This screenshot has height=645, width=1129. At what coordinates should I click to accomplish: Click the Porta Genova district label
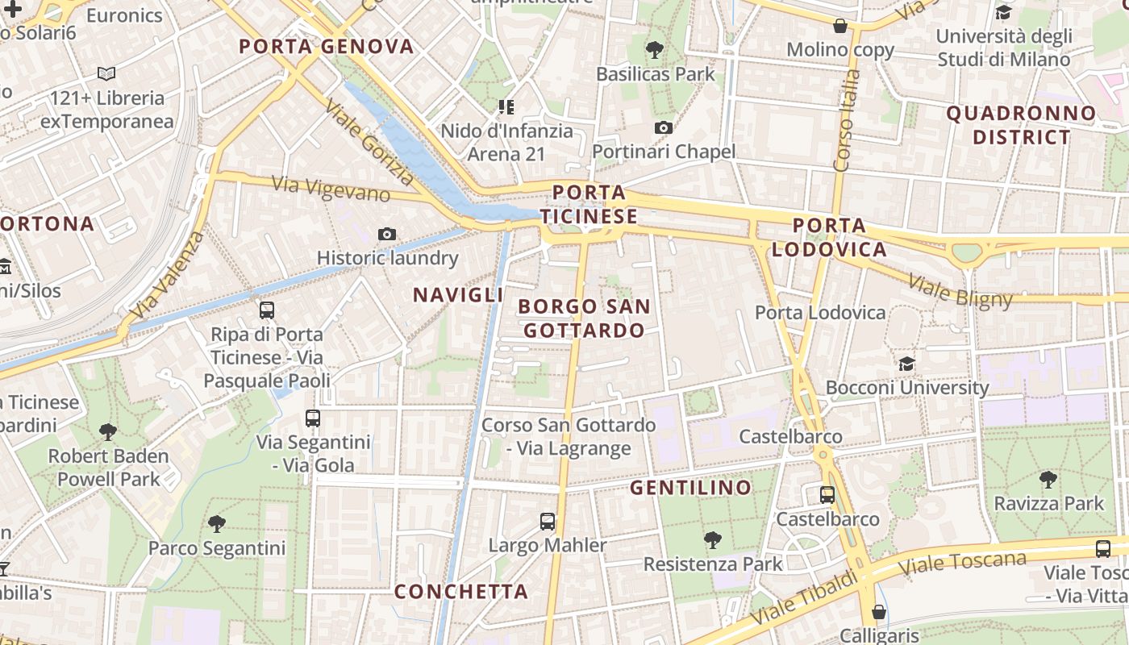[x=327, y=47]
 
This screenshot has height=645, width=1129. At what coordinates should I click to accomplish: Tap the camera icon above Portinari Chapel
[x=664, y=127]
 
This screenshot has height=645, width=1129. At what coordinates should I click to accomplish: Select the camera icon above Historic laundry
[x=387, y=234]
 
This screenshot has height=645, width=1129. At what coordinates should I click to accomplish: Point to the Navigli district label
[x=458, y=295]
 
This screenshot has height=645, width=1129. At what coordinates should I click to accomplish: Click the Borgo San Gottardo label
[x=584, y=318]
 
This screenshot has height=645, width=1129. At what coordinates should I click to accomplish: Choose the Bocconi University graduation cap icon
[x=906, y=364]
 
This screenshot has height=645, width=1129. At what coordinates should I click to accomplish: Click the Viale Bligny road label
[x=960, y=291]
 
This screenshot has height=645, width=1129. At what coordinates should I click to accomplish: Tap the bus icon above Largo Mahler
[x=548, y=522]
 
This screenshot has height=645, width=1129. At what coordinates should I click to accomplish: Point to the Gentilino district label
[x=690, y=488]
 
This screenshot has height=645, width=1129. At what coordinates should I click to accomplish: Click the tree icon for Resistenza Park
[x=712, y=539]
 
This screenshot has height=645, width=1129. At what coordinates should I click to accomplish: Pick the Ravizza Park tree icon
[x=1048, y=481]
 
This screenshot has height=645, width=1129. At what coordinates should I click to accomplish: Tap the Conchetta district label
[x=461, y=592]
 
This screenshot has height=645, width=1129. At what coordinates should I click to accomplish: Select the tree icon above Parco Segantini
[x=216, y=524]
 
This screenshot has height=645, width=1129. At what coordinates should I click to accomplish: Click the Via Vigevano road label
[x=331, y=189]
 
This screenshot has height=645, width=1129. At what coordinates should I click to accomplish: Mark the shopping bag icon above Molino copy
[x=840, y=26]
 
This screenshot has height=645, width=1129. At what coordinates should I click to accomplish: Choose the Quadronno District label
[x=1022, y=125]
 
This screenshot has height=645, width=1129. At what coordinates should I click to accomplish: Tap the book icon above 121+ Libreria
[x=106, y=74]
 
